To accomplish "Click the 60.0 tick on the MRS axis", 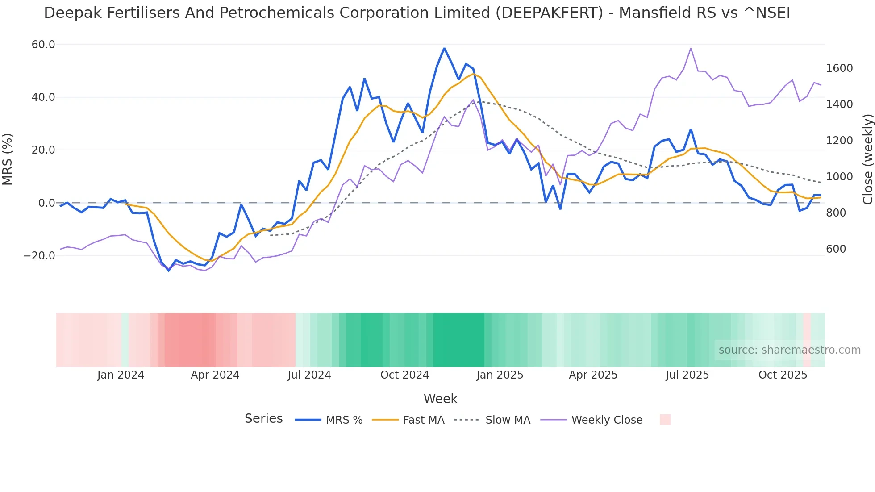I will point(43,45).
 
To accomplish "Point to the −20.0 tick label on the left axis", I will point(40,256).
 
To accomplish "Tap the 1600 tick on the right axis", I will point(839,68).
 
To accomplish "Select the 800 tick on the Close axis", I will point(836,213).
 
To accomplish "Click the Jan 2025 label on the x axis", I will point(500,375).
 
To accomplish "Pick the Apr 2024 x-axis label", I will point(215,375).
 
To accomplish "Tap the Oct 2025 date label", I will point(783,375).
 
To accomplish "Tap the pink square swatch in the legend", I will point(665,420).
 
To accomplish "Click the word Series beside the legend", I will point(263,419).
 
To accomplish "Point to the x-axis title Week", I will point(440,399).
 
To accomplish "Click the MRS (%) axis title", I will point(8,159).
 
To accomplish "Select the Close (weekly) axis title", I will point(867,159).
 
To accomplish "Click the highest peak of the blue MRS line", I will point(444,48).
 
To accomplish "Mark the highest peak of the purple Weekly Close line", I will point(691,48).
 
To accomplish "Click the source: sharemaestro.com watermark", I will point(789,350).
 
